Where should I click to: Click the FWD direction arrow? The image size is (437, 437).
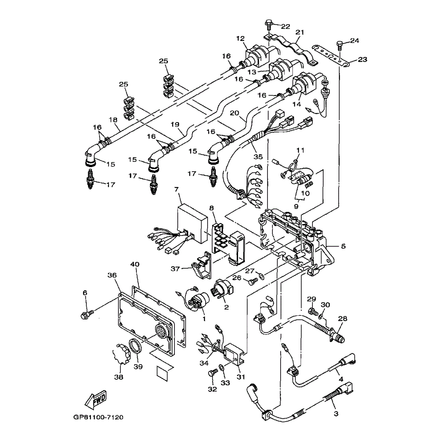tap(95, 399)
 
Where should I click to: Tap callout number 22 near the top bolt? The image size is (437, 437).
tap(285, 27)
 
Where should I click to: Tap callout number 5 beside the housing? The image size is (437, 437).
tap(343, 246)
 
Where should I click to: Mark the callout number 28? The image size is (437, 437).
tap(342, 319)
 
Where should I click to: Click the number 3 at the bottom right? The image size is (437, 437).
tap(336, 414)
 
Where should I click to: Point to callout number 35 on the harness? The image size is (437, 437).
tap(258, 156)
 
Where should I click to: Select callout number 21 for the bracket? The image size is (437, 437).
tap(300, 32)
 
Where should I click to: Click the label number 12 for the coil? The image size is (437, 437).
tap(240, 38)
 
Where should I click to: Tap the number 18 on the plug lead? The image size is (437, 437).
tap(113, 120)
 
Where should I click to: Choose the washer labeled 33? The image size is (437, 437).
tap(221, 368)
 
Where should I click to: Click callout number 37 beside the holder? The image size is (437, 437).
tap(175, 269)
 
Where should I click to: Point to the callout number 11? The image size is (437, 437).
tap(300, 150)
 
